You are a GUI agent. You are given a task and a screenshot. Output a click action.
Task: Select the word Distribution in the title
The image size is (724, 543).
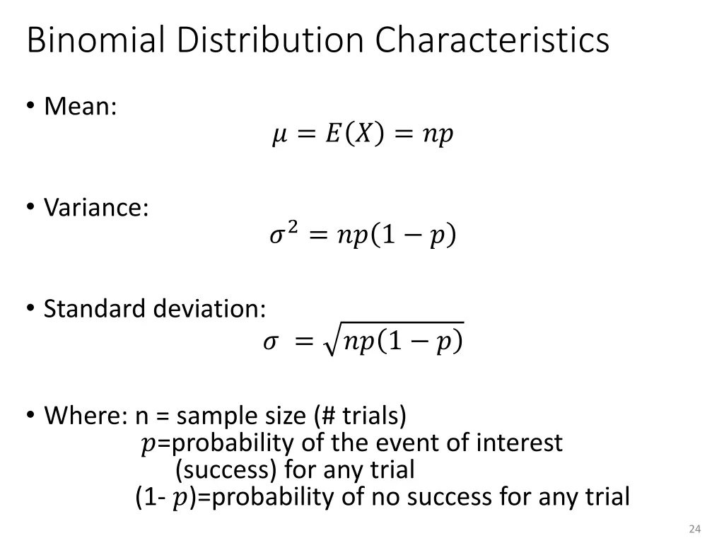coord(271,40)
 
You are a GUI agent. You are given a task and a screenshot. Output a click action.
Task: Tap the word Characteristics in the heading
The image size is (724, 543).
coord(492,40)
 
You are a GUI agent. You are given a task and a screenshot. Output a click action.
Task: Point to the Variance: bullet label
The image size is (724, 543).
coord(96,208)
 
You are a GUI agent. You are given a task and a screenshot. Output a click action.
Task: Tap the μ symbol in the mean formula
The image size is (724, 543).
coord(279,134)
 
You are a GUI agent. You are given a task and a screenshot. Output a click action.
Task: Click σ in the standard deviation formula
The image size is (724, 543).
coord(269,342)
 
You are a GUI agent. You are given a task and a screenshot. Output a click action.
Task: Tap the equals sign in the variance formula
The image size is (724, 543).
coord(317,235)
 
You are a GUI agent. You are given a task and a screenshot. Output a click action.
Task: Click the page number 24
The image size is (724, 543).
coord(694,529)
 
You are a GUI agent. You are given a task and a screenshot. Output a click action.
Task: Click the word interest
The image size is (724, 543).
coord(519,443)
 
